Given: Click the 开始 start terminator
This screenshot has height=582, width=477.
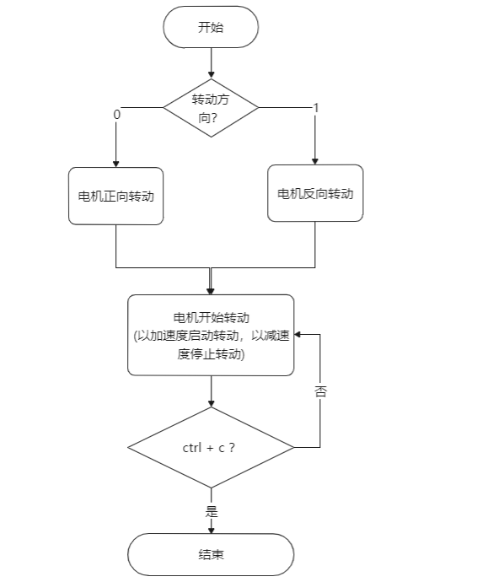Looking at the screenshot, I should point(211,27).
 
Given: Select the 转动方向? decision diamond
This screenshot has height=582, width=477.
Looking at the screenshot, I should point(211,108).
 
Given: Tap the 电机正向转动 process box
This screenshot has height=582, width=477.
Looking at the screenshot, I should point(115,196).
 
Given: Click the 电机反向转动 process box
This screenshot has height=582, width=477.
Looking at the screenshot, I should point(315,193).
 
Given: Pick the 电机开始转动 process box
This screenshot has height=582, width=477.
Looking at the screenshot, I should point(211,335).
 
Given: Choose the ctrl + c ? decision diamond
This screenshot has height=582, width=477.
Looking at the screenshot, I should point(211,447).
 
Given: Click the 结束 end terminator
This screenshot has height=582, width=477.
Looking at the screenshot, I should point(211,555).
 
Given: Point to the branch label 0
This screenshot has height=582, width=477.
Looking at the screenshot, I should point(115,113).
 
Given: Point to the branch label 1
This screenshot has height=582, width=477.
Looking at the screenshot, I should point(315,108).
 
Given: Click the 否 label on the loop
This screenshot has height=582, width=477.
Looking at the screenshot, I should point(320,392).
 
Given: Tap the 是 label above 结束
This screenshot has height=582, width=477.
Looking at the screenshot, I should point(211,511).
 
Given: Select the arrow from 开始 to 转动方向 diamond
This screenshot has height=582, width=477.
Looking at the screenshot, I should point(211,63).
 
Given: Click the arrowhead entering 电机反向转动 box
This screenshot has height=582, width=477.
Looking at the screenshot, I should point(315,159).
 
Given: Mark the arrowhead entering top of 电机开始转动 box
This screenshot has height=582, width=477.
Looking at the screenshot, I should point(211,289).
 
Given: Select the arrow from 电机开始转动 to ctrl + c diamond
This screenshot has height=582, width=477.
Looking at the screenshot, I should point(211,391).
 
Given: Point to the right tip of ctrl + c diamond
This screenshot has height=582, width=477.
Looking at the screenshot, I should point(292,447).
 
